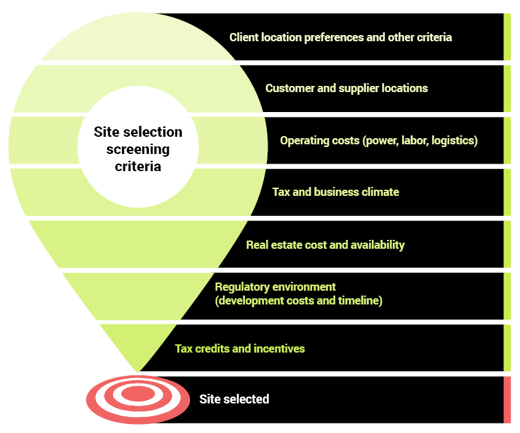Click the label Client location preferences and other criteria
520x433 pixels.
coord(340,37)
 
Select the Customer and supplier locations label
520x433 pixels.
coord(346,88)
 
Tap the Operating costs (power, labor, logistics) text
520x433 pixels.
coord(379,140)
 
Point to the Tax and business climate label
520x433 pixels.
coord(335,192)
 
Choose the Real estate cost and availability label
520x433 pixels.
coord(325,245)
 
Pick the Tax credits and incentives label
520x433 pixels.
coord(239,348)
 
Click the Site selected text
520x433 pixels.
coord(234,399)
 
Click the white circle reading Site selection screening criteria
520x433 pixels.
coord(138,148)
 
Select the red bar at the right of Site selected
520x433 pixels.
coord(507,399)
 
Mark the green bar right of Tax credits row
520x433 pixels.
coord(507,348)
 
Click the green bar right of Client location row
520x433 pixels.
coord(507,37)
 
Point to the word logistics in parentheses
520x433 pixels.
coord(452,140)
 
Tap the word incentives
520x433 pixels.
coord(279,348)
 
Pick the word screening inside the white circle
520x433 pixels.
coord(138,148)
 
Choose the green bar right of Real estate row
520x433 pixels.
coord(507,245)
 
